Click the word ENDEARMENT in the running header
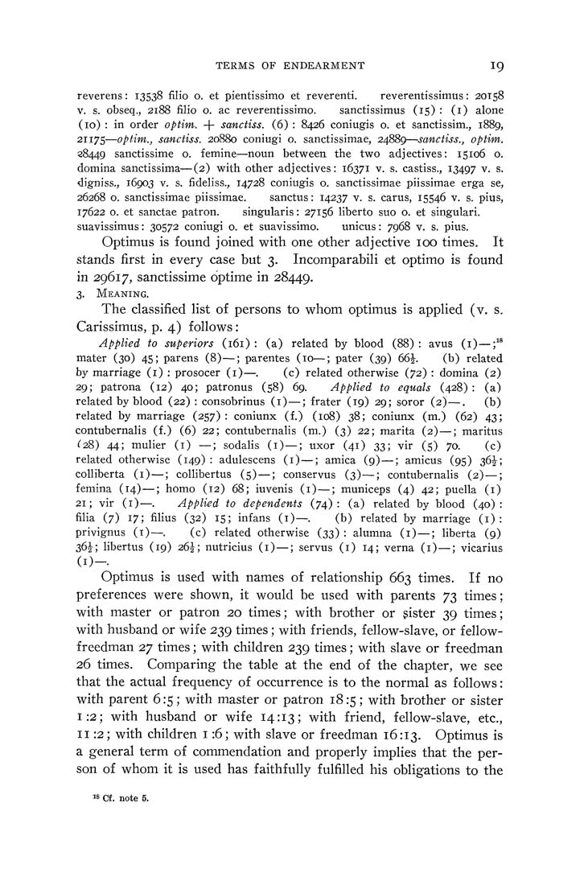tap(324, 65)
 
